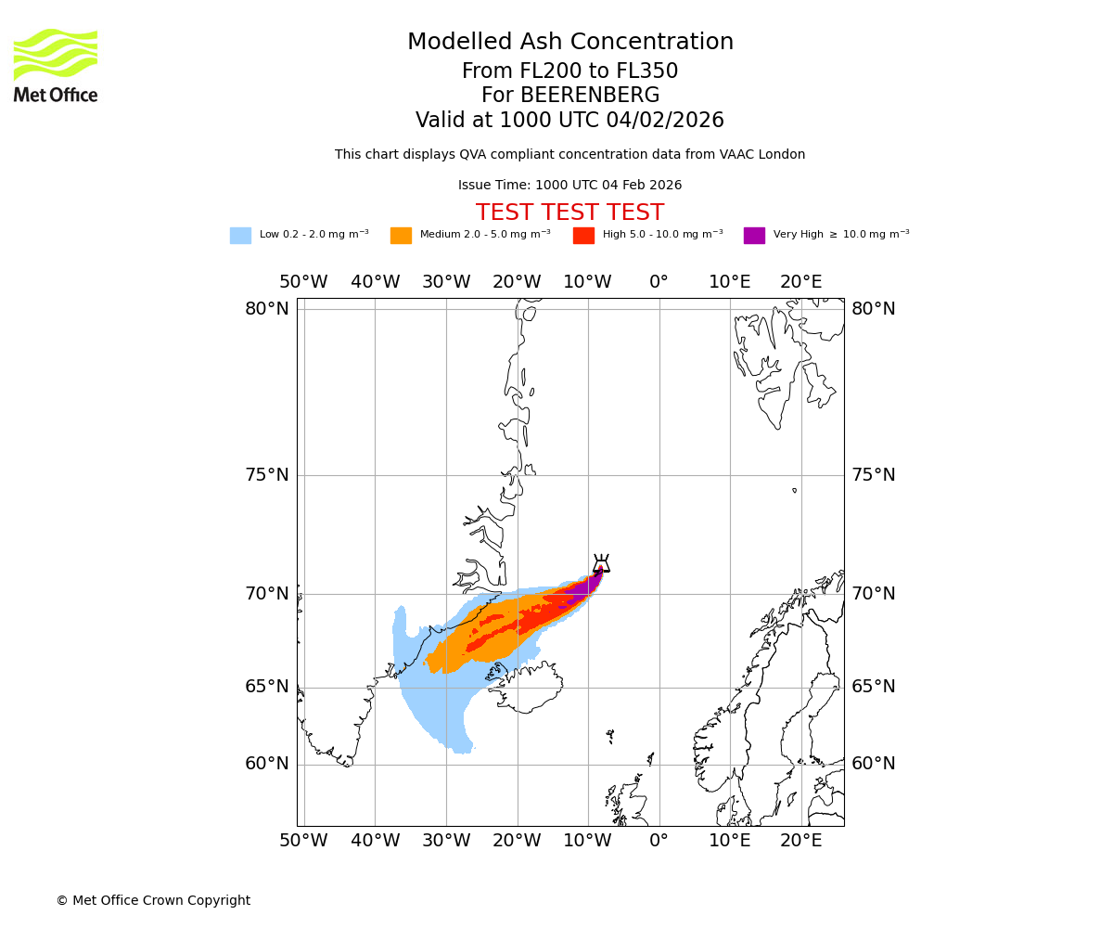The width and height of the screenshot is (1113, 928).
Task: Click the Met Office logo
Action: [x=56, y=65]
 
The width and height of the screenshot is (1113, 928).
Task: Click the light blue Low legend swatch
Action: [x=240, y=236]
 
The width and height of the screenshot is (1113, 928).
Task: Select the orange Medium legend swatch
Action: [x=401, y=236]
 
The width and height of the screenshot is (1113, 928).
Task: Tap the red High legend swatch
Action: [x=583, y=236]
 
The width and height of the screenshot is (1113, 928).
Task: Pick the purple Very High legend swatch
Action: [x=754, y=236]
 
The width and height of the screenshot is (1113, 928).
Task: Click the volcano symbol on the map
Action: [x=601, y=562]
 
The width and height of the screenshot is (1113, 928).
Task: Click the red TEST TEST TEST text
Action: [x=569, y=213]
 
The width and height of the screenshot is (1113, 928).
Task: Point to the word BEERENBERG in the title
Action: [x=589, y=96]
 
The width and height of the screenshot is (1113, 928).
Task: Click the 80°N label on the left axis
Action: [x=267, y=309]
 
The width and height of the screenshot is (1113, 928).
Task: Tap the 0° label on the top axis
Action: [x=659, y=281]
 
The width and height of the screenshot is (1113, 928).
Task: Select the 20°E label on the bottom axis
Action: [x=800, y=841]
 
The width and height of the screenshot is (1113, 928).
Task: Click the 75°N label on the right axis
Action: [x=874, y=475]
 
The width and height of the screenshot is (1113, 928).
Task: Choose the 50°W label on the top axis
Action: [x=303, y=281]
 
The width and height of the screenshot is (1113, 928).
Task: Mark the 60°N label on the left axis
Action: [x=267, y=764]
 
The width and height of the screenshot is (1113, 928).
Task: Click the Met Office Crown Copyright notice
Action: [x=153, y=900]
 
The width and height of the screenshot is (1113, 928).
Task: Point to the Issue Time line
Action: [x=569, y=185]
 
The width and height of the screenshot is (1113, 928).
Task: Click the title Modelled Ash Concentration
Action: [x=569, y=42]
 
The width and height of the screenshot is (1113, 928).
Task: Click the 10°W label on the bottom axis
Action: [x=587, y=841]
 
